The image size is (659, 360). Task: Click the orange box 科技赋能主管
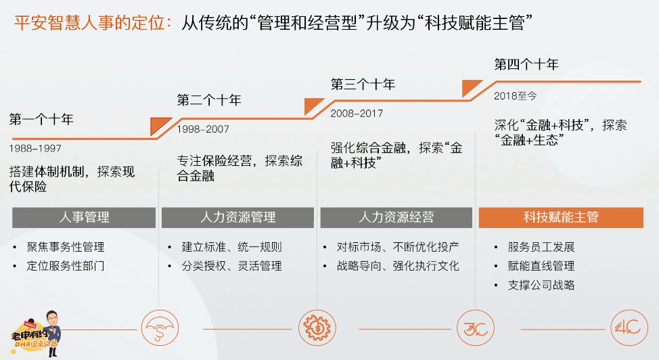[x=561, y=217]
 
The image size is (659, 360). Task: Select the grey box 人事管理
[x=84, y=217]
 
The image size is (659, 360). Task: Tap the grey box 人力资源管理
[x=237, y=217]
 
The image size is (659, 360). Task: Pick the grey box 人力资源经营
[x=396, y=217]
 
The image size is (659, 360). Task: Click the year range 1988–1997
[x=35, y=148]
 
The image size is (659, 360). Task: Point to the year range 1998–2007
[x=203, y=129]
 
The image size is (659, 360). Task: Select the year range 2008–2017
[x=357, y=114]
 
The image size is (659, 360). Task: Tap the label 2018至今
[x=516, y=96]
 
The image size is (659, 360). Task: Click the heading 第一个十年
[x=41, y=120]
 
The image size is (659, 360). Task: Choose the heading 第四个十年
[x=526, y=64]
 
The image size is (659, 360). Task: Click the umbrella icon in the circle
[x=160, y=328]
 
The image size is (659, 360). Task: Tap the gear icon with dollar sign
[x=317, y=328]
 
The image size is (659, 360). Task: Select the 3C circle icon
[x=476, y=328]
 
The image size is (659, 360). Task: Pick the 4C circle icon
[x=629, y=328]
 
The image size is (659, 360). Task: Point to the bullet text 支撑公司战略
[x=541, y=285]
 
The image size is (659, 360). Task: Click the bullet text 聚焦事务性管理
[x=66, y=247]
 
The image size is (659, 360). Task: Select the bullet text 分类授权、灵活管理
[x=231, y=266]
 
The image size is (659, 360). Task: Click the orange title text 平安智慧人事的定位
[x=89, y=22]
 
